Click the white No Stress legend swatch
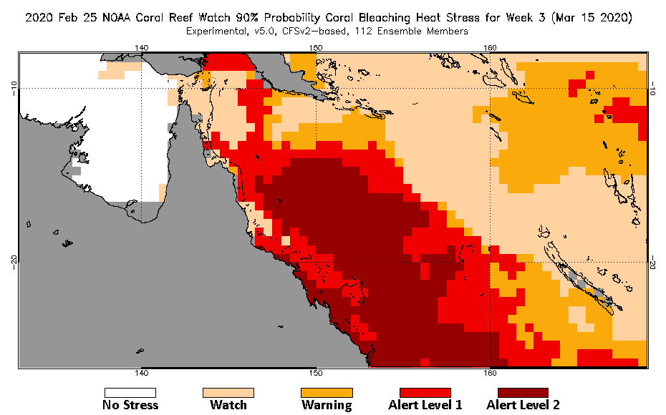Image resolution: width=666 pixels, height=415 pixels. tap(130, 392)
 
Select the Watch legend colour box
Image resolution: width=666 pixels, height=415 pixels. tap(228, 392)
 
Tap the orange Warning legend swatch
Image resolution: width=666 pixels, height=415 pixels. tap(327, 392)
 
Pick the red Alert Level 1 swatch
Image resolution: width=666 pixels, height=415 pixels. tap(425, 392)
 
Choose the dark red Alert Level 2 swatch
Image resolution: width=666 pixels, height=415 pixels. tap(523, 392)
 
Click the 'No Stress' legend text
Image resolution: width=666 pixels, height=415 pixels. tap(130, 405)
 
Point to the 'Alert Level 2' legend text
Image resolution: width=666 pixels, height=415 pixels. tap(523, 405)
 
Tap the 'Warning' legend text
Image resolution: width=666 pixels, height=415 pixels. tap(327, 405)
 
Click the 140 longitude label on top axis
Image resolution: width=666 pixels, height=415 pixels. tap(142, 47)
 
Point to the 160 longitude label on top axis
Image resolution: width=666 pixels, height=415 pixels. tap(491, 47)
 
